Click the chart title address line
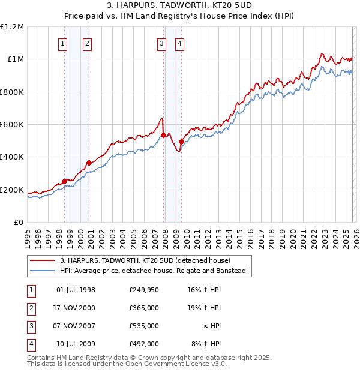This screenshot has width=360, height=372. [180, 7]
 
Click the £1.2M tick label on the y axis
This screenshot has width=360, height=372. [12, 27]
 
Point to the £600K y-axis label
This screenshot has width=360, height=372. [12, 125]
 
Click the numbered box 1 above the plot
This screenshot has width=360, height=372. [63, 43]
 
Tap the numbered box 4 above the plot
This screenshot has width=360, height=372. [180, 43]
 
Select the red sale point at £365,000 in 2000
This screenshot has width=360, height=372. [89, 163]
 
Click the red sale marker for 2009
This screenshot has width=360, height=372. [181, 142]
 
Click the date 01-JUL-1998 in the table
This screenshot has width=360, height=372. [76, 290]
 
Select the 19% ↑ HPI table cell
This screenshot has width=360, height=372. [204, 308]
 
